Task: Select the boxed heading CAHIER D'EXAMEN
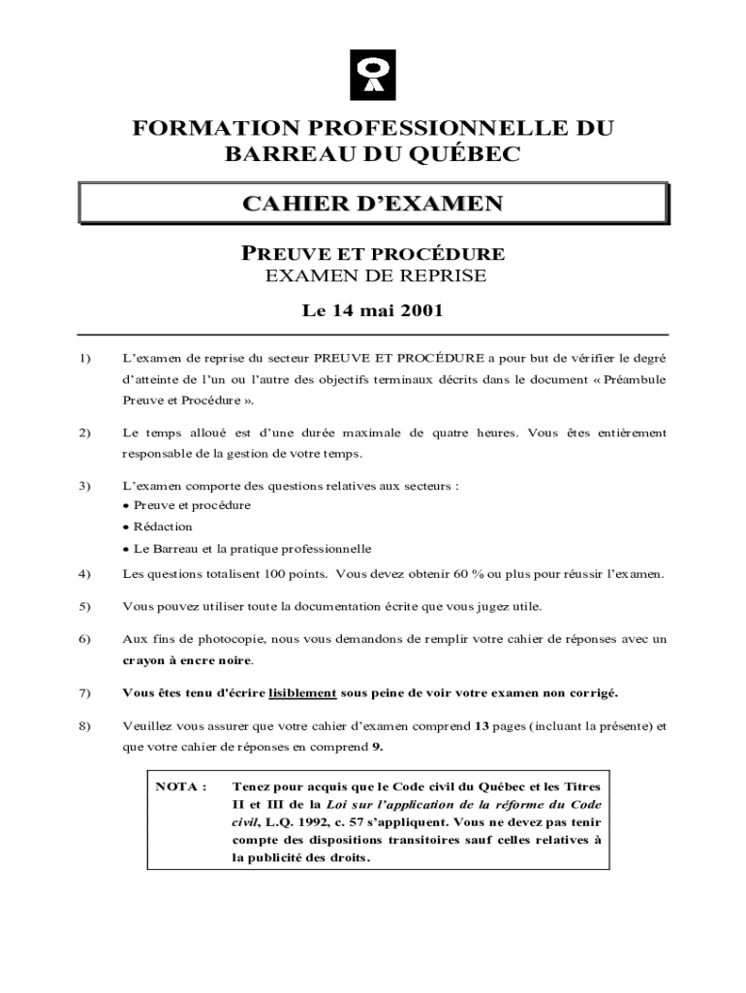click(x=372, y=205)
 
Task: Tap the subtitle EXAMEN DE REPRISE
click(x=373, y=275)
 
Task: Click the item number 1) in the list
click(x=83, y=358)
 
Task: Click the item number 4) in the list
click(x=83, y=573)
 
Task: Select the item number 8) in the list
click(x=83, y=724)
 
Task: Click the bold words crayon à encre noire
click(x=187, y=660)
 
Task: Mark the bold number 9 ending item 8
click(x=377, y=746)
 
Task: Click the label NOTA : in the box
click(x=181, y=785)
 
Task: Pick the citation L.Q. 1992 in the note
click(x=303, y=821)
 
